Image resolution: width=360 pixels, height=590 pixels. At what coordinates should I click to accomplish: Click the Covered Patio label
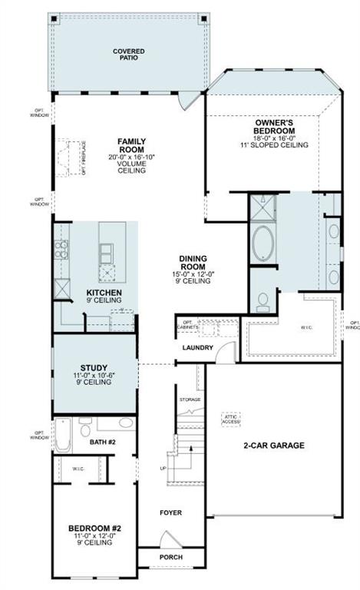tap(129, 55)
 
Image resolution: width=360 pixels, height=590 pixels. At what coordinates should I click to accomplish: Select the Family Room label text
tap(131, 146)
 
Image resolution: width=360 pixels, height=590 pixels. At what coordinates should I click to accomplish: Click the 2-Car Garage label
tap(274, 445)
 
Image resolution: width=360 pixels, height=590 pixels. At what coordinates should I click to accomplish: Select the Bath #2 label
tap(102, 442)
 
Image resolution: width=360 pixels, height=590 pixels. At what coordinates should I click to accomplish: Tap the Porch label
tap(170, 557)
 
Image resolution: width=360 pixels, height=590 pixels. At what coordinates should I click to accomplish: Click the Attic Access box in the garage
tap(231, 419)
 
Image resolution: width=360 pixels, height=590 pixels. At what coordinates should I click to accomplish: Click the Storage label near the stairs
tap(190, 399)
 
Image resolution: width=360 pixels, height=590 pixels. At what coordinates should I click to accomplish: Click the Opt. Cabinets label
tap(188, 326)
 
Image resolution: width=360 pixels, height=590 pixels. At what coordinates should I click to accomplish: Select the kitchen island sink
tap(107, 251)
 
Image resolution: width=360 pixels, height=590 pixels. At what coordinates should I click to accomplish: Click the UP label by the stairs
tap(162, 468)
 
